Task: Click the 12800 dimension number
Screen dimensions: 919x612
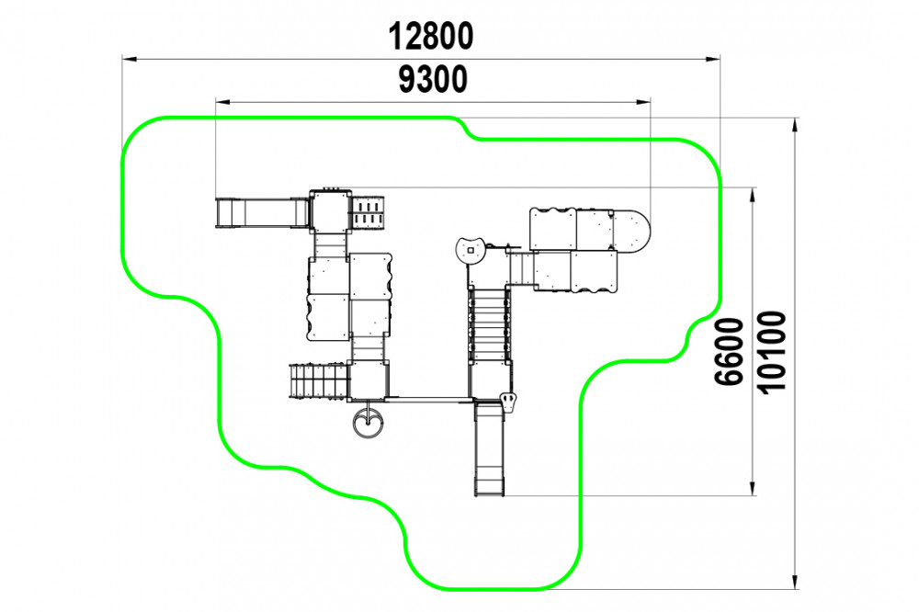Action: pos(431,37)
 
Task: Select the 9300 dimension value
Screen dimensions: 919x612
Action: pos(433,79)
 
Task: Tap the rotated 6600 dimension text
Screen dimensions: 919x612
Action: pos(729,351)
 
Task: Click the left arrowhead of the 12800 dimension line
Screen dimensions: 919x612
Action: pos(130,59)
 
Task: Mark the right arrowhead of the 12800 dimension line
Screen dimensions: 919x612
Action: pos(713,59)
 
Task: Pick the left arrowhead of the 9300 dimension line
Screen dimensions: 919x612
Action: pos(223,102)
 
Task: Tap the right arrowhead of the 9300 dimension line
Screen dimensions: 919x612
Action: pos(643,102)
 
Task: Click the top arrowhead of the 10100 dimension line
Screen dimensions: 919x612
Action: pos(795,126)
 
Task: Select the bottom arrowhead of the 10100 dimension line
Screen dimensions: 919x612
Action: pos(795,581)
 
